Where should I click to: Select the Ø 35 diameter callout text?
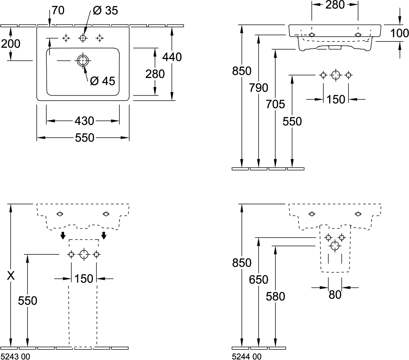[x=106, y=11]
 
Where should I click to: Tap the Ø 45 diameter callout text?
[x=102, y=81]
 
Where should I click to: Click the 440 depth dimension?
[x=172, y=57]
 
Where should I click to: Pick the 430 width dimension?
[x=84, y=120]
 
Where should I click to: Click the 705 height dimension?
[x=275, y=105]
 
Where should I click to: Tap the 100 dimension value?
[x=400, y=34]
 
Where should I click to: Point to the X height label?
[x=11, y=276]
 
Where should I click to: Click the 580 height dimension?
[x=275, y=297]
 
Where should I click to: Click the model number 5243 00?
[x=16, y=357]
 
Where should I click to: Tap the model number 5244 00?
[x=246, y=357]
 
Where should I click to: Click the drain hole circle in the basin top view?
[x=83, y=61]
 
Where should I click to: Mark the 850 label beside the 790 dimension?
[x=241, y=71]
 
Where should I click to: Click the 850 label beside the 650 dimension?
[x=241, y=262]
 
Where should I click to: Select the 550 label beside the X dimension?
[x=28, y=301]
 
